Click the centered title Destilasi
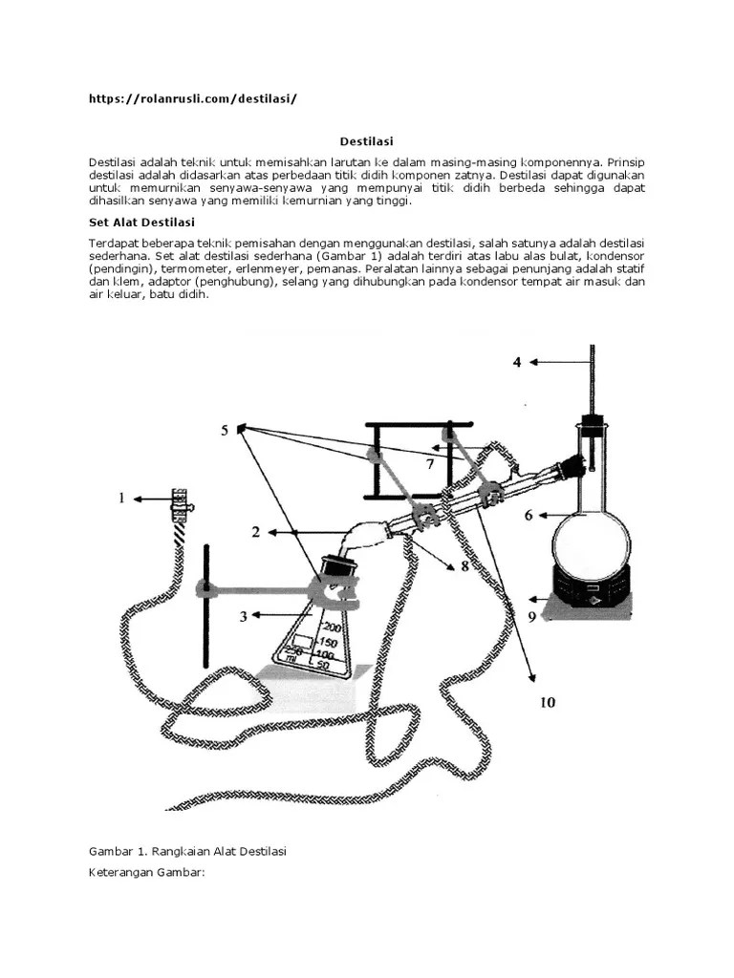(x=367, y=140)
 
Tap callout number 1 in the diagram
(x=121, y=498)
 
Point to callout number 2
(x=256, y=532)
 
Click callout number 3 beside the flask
(x=244, y=616)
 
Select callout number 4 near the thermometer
(x=517, y=362)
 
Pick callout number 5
(x=226, y=431)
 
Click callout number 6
(x=528, y=516)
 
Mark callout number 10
(x=547, y=702)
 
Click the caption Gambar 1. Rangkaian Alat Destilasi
(x=187, y=850)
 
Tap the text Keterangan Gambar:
(x=147, y=873)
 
